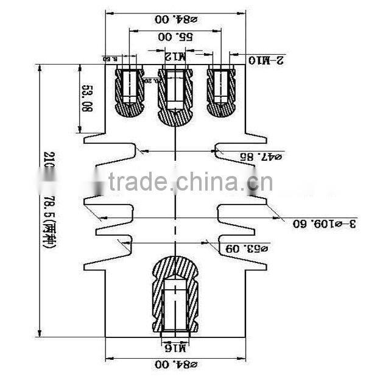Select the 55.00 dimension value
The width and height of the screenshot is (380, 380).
pos(176,37)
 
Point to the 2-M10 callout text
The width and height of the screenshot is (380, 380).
pos(266,60)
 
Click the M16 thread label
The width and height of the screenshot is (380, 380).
pos(175,348)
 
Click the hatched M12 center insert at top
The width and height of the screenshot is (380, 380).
pos(175,94)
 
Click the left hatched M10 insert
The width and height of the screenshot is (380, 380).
pos(130,90)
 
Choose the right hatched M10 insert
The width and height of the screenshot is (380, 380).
pos(221,90)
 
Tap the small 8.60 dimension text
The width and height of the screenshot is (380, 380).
pos(109,59)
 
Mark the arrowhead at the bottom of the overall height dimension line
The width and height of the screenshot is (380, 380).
pos(41,334)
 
